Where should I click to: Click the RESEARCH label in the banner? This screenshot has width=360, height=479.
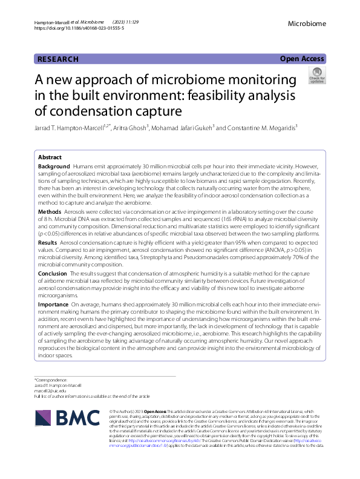[58, 59]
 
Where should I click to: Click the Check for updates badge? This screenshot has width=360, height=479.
[316, 76]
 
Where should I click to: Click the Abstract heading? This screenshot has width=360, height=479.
[50, 157]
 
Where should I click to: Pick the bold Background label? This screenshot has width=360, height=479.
[54, 166]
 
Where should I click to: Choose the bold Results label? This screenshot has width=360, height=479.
[48, 242]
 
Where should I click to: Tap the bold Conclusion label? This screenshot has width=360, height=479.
[53, 273]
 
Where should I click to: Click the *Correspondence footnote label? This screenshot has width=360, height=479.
[51, 380]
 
